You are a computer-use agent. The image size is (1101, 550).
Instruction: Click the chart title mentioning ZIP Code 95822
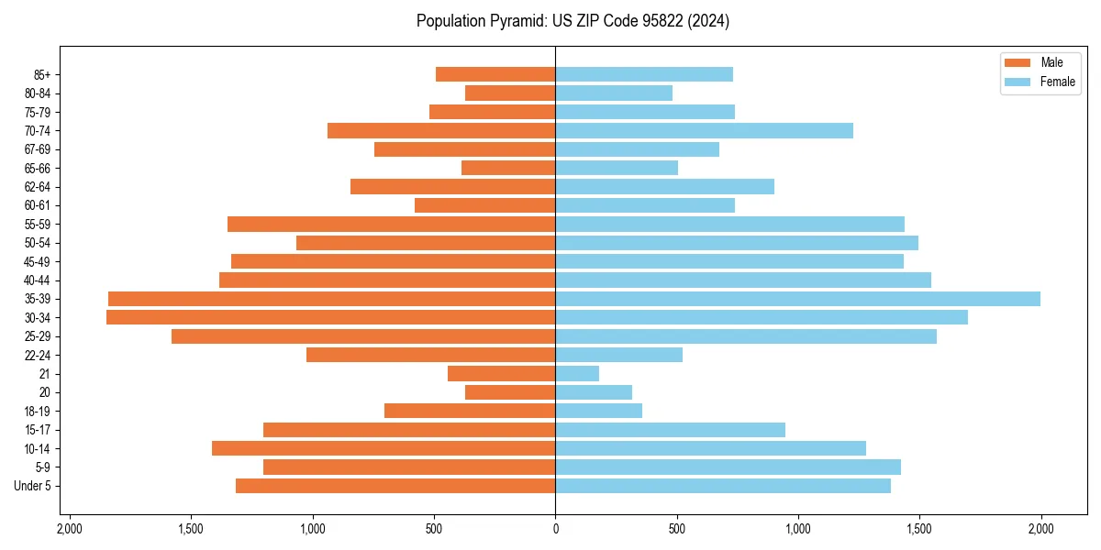click(x=573, y=21)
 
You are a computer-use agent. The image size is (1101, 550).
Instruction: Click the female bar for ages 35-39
click(x=797, y=299)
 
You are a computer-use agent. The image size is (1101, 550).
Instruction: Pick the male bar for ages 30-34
click(x=330, y=317)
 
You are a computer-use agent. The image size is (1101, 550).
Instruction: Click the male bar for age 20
click(x=510, y=392)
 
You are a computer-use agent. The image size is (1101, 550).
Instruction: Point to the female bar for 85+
click(x=644, y=74)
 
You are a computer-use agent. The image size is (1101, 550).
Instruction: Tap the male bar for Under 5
click(x=395, y=486)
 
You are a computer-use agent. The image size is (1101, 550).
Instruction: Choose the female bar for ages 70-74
click(x=704, y=131)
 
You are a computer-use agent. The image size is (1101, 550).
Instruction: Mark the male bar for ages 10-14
click(x=384, y=448)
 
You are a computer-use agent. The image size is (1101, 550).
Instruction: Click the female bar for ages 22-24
click(x=618, y=355)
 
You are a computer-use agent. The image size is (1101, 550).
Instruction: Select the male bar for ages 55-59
click(x=391, y=224)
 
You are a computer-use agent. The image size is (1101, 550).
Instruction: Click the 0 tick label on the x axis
click(x=555, y=529)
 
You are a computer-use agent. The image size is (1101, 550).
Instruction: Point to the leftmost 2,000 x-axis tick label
click(x=70, y=529)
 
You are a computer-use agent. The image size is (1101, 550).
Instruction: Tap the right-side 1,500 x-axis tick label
click(x=919, y=529)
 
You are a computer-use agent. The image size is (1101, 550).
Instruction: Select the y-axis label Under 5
click(x=32, y=486)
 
